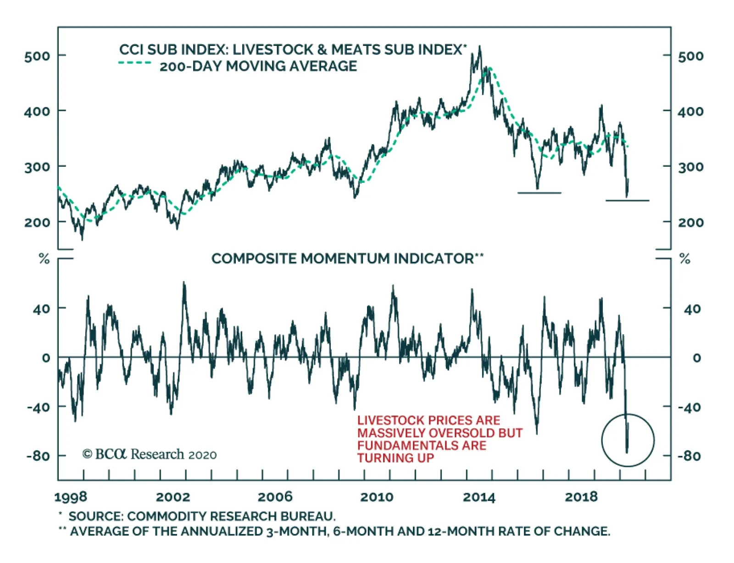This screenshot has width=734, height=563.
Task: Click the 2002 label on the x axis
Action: (172, 497)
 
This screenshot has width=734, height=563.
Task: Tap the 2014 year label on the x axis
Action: (479, 497)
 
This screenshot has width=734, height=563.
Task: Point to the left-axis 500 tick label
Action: (37, 56)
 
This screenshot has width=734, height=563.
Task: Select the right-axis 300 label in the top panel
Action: (690, 167)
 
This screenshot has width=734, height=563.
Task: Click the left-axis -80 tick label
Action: (38, 456)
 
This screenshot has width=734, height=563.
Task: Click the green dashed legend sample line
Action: (134, 63)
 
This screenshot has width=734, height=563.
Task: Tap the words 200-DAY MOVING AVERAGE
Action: (258, 66)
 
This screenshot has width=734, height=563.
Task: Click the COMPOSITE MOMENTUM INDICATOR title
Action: (342, 259)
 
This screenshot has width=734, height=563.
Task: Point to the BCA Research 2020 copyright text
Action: (150, 454)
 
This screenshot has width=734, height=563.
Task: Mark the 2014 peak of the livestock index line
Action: (480, 46)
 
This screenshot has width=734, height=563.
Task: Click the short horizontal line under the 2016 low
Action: (539, 193)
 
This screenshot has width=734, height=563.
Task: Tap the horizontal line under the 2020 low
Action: (627, 201)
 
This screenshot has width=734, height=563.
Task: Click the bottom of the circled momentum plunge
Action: (627, 452)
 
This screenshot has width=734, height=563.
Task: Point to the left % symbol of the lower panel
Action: (44, 259)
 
